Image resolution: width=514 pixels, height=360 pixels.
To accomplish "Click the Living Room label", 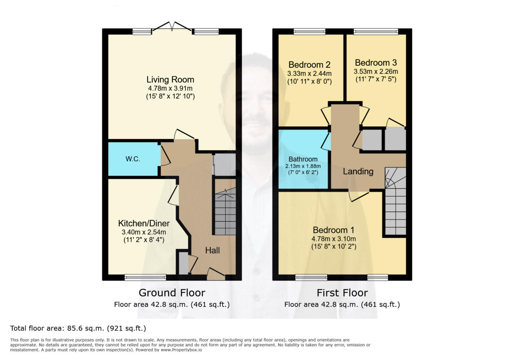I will [170, 79].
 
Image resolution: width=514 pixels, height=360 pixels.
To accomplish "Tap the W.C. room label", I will [132, 159].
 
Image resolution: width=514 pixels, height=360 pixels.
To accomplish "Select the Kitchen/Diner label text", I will [144, 223].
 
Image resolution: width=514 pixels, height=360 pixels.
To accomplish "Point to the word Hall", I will [212, 250].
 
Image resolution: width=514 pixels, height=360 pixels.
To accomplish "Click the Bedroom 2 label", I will [309, 65].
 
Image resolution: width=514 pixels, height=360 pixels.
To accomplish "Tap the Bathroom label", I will [303, 159].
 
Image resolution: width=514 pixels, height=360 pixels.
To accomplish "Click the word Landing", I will [358, 171].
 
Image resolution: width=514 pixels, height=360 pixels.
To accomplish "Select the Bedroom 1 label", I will [334, 229].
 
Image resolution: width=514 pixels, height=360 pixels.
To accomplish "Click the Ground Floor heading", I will [172, 293].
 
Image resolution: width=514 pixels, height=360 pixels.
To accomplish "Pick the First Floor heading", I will [342, 293].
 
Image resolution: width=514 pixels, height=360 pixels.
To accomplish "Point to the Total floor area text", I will [78, 328].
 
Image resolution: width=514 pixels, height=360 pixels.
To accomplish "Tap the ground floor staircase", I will [225, 213].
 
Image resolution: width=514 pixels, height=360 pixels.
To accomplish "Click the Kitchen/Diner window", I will [141, 278].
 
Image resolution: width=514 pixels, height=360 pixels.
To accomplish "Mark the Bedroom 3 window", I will [376, 31].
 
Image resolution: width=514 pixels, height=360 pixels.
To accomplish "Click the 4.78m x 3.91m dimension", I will [170, 89].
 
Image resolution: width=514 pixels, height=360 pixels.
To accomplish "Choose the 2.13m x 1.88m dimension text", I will [303, 166].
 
